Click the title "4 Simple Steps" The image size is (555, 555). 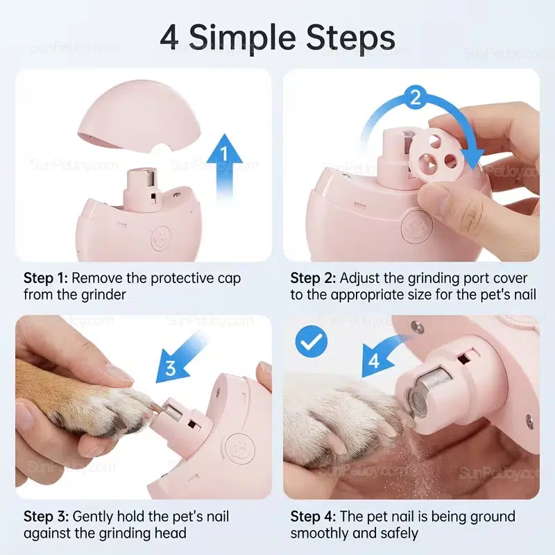click(x=277, y=37)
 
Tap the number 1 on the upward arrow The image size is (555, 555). click(x=224, y=153)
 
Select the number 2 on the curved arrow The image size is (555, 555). click(x=416, y=96)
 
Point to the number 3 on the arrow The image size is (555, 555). click(x=171, y=368)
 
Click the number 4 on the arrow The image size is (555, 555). click(x=374, y=361)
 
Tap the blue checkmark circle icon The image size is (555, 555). click(x=311, y=341)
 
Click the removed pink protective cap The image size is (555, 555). click(x=139, y=124)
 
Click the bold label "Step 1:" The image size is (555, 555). click(x=45, y=278)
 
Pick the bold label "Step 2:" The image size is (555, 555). click(x=313, y=278)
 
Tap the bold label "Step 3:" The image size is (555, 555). click(x=46, y=517)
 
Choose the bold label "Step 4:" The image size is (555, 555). click(x=314, y=517)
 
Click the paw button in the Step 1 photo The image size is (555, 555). click(x=161, y=238)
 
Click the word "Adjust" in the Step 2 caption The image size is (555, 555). click(x=359, y=279)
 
